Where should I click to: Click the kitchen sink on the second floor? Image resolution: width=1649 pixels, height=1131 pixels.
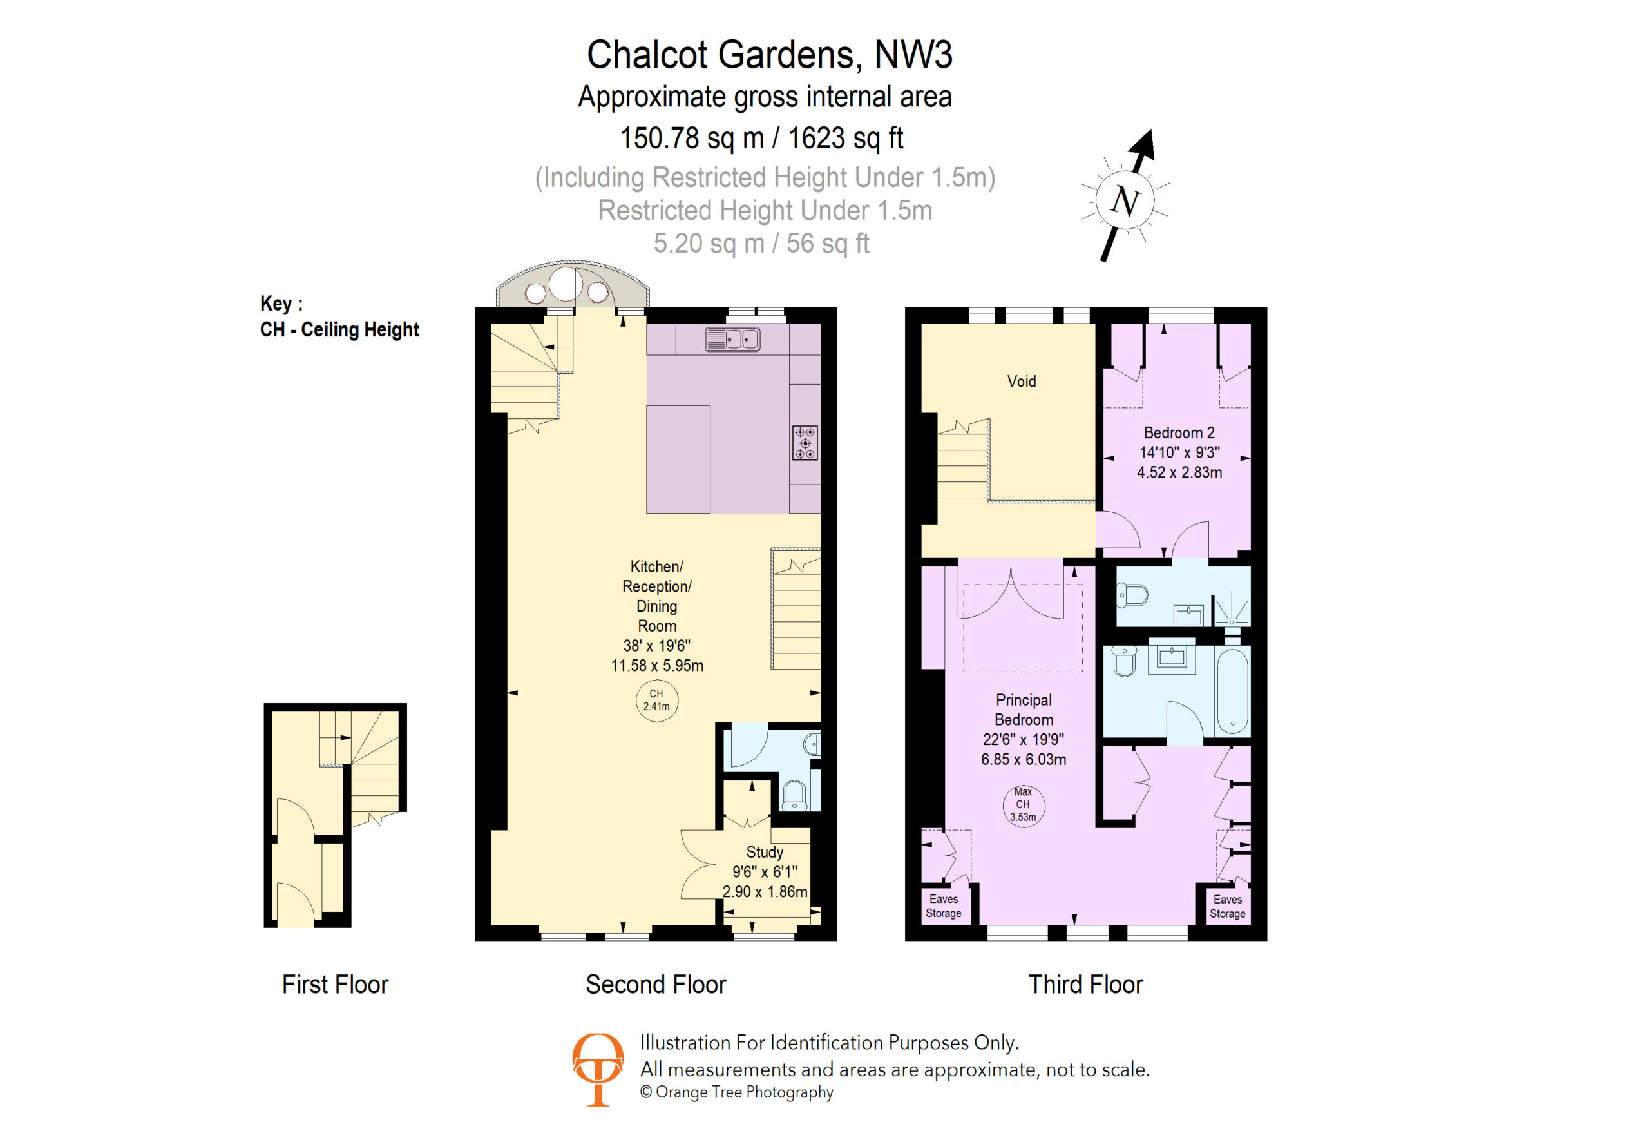pos(732,339)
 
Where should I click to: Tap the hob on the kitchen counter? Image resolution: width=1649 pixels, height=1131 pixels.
pos(805,443)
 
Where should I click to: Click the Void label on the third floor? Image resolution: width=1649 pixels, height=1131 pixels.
pos(1021,382)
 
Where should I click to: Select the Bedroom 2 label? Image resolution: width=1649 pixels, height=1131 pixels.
pos(1179,432)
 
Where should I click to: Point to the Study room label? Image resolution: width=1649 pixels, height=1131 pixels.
pos(764,852)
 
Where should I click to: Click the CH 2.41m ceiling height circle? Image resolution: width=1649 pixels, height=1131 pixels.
pos(656,700)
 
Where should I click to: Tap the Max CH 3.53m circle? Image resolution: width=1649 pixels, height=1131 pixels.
pos(1023,804)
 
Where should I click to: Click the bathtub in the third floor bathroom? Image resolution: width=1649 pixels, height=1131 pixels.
pos(1232,692)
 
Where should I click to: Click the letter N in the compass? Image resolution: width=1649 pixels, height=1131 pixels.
pos(1125,200)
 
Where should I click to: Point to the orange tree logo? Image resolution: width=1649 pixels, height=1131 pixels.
pos(598,1068)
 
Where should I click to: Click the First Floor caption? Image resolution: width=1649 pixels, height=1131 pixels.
pos(335,985)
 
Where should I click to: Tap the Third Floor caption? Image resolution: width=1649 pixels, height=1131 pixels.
pos(1085,985)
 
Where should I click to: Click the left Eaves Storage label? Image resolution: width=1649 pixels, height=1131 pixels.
pos(943,906)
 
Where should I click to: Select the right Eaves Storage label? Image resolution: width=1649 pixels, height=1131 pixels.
pos(1228,906)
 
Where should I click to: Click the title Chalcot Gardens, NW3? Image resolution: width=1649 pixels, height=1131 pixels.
pos(769,55)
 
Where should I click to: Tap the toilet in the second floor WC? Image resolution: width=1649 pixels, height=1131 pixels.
pos(794,795)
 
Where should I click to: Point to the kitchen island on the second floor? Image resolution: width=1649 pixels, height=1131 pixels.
pos(678,459)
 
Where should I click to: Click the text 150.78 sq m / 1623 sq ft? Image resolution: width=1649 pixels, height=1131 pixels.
pos(761,138)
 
